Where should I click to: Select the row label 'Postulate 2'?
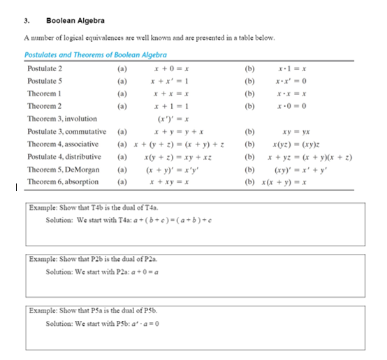(x=44, y=68)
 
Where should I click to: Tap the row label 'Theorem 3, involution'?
(x=61, y=119)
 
